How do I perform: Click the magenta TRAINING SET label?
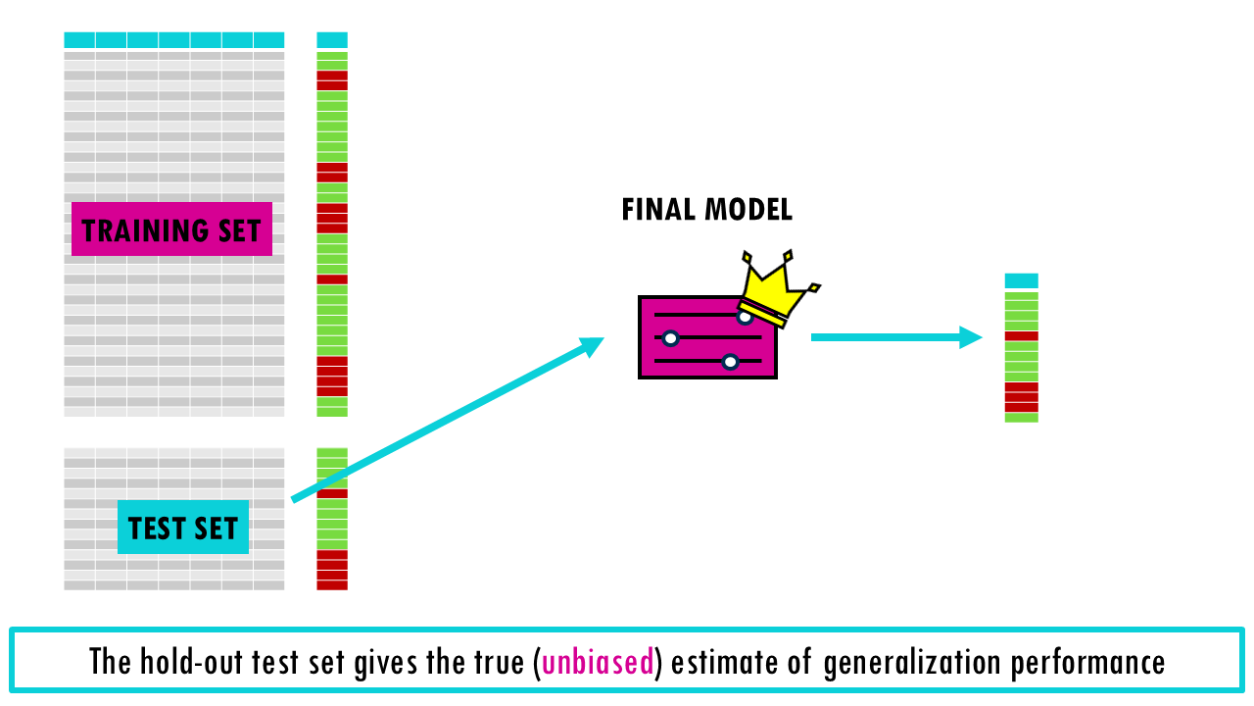click(171, 229)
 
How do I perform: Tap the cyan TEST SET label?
click(183, 528)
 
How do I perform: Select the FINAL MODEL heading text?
click(706, 209)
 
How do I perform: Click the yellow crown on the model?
click(776, 287)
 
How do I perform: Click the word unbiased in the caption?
click(598, 662)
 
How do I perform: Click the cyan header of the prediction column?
click(1021, 280)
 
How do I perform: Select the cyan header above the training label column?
click(332, 40)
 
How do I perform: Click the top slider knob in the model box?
click(746, 316)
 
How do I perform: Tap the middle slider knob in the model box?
click(670, 338)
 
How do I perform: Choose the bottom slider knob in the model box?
click(730, 362)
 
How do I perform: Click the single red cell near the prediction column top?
click(1021, 336)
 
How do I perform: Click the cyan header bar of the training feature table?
click(173, 40)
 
